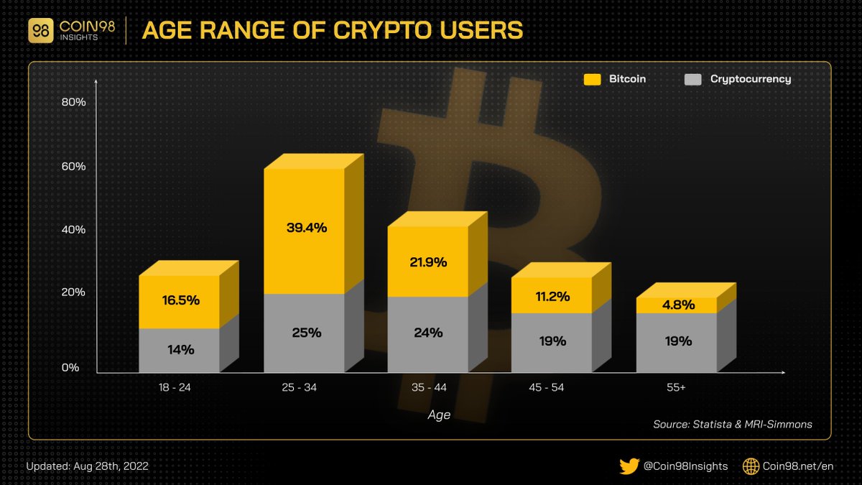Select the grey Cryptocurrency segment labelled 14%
coord(179,350)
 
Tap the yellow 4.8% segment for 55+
coord(677,305)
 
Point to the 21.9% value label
coord(428,262)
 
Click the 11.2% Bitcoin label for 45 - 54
coord(552,296)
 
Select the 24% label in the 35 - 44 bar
coord(428,333)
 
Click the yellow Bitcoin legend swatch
coord(592,79)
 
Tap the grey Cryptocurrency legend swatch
coord(692,79)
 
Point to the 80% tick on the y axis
coord(74,102)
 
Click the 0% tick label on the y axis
coord(70,368)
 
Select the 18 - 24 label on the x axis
coord(175,387)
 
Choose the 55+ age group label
coord(676,387)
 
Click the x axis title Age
coord(439,415)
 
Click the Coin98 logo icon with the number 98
coord(42,31)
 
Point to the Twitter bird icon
coord(629,466)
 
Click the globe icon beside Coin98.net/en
coord(751,466)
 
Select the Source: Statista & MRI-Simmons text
coord(733,424)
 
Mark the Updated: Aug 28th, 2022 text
coord(87,466)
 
